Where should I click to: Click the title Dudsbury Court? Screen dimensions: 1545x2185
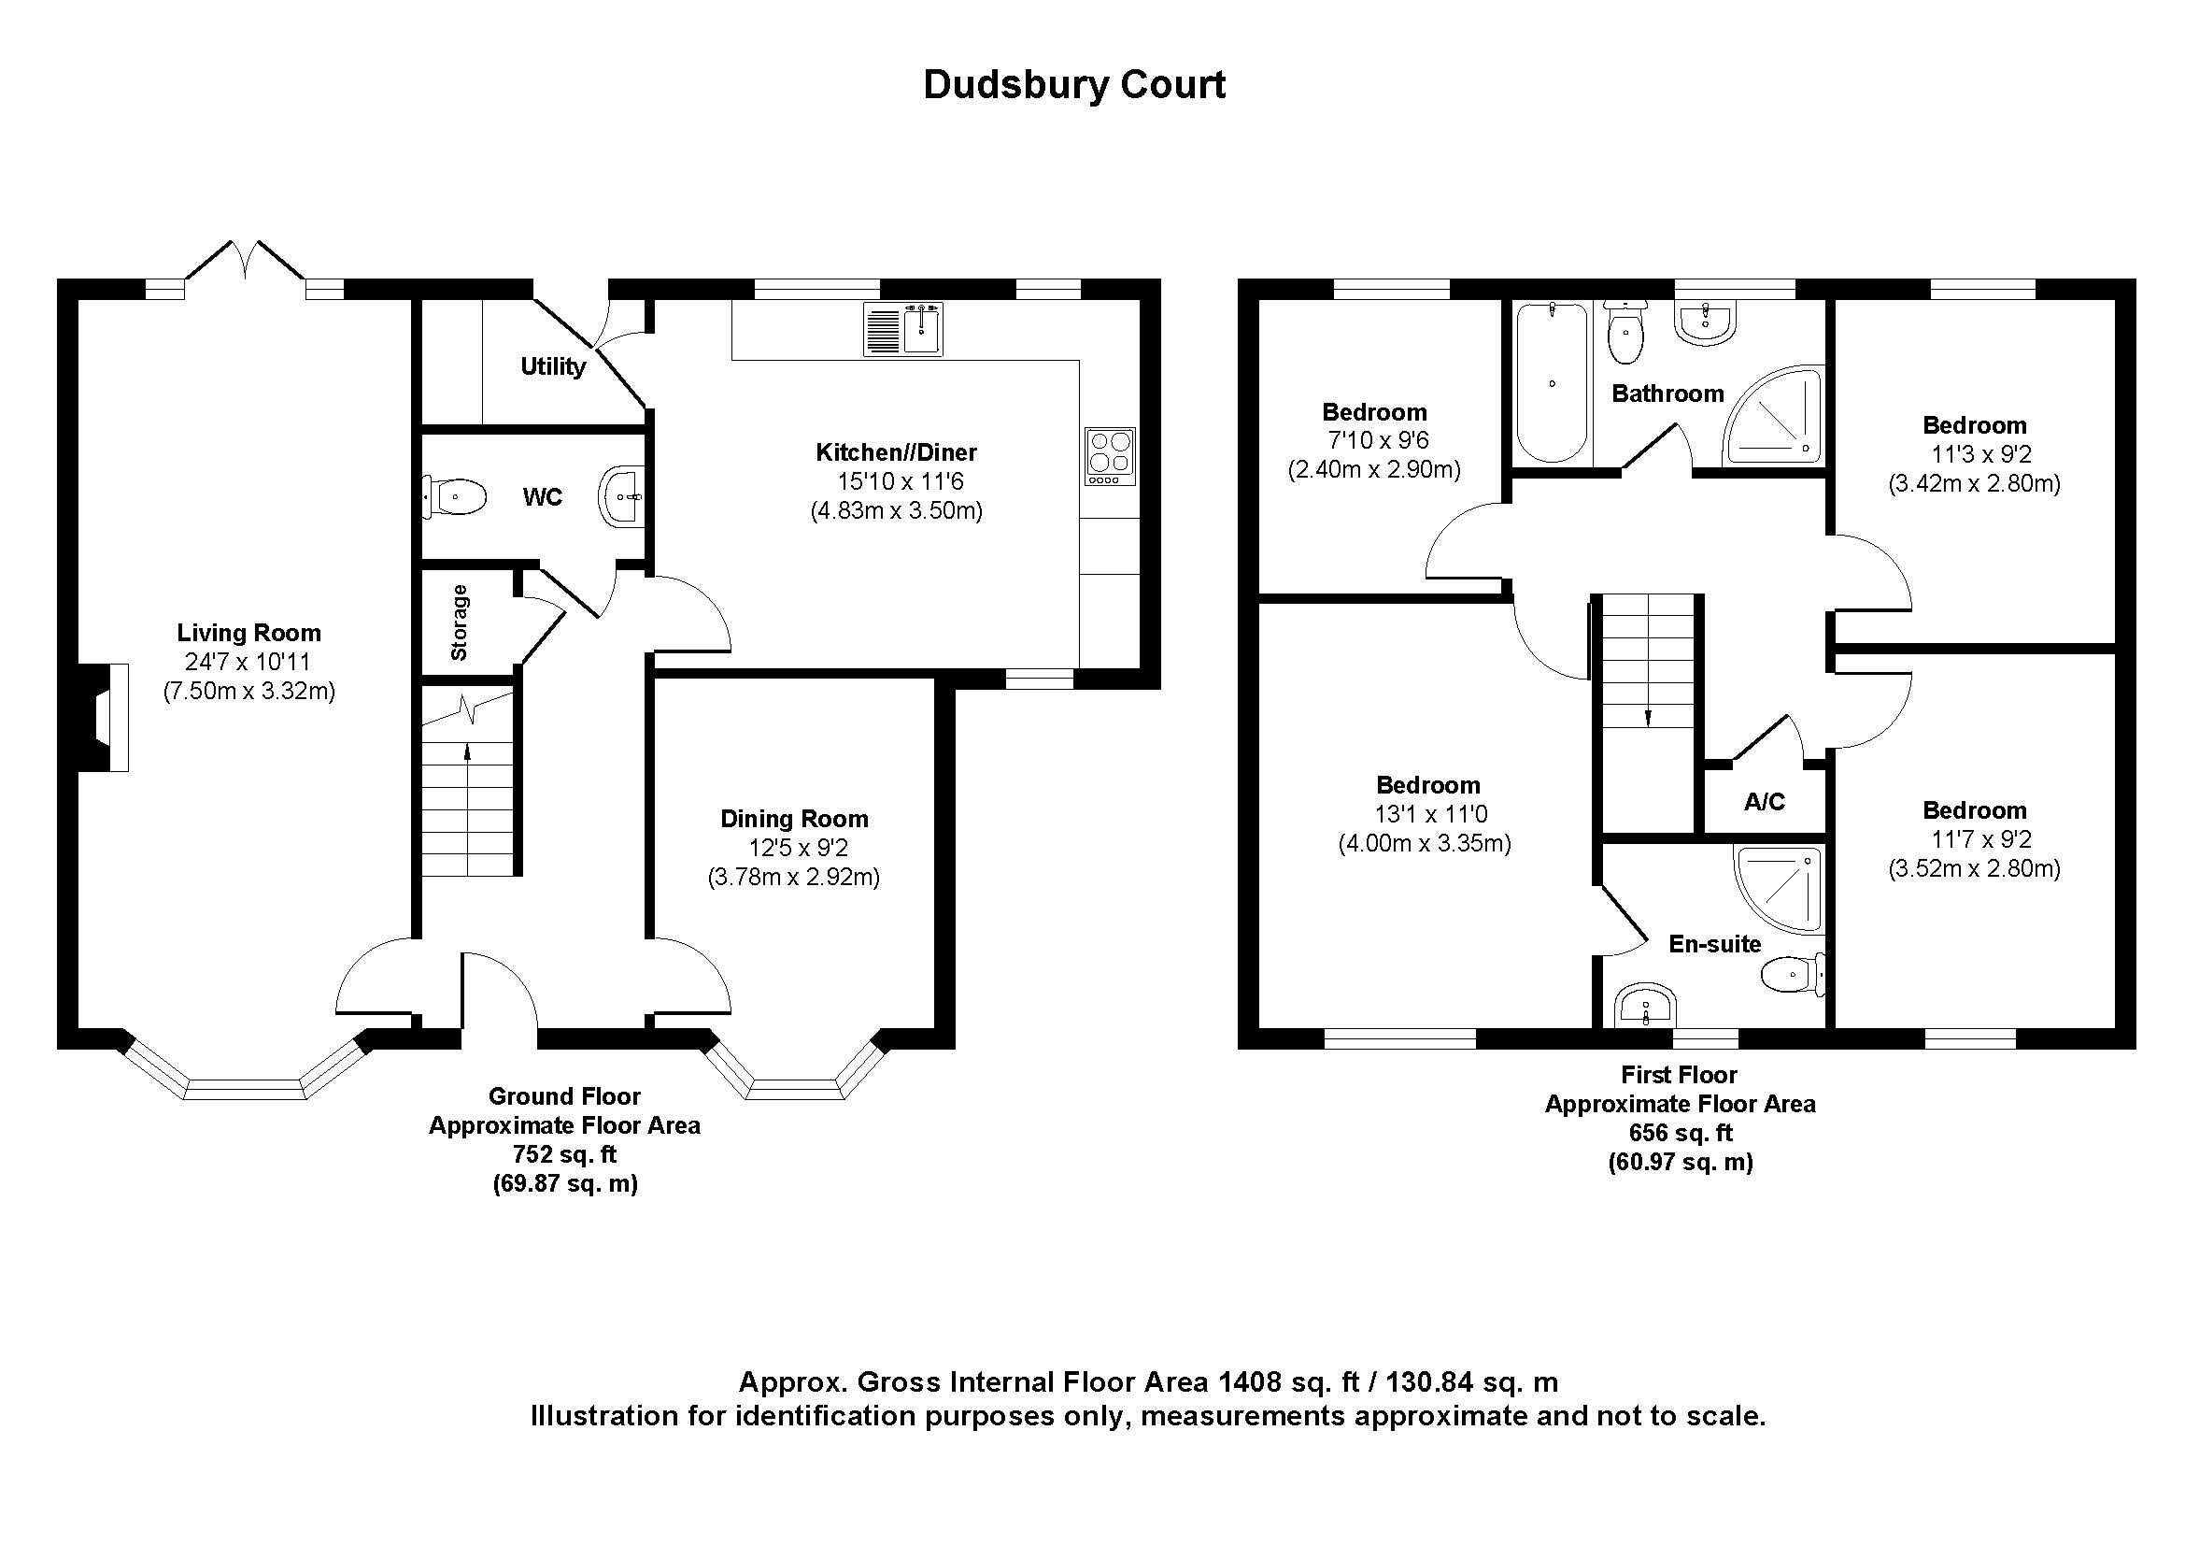pyautogui.click(x=1074, y=85)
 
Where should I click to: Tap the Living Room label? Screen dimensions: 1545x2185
pyautogui.click(x=248, y=633)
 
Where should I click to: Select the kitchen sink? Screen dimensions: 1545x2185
pyautogui.click(x=903, y=328)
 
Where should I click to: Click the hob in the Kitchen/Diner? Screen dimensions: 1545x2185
pyautogui.click(x=1110, y=456)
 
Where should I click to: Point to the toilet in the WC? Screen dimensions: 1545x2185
pyautogui.click(x=456, y=497)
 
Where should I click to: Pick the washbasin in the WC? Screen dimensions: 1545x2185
pyautogui.click(x=621, y=496)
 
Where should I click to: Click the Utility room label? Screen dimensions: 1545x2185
pyautogui.click(x=552, y=366)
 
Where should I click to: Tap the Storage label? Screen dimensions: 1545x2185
pyautogui.click(x=460, y=622)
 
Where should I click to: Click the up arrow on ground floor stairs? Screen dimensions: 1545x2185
pyautogui.click(x=467, y=752)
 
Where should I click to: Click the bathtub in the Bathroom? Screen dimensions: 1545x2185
pyautogui.click(x=1552, y=382)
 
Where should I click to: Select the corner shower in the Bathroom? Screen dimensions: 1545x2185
pyautogui.click(x=1774, y=418)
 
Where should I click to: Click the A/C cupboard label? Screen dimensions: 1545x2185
pyautogui.click(x=1765, y=802)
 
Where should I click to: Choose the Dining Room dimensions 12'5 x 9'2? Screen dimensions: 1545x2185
pyautogui.click(x=798, y=848)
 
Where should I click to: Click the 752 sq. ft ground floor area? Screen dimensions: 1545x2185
pyautogui.click(x=564, y=1154)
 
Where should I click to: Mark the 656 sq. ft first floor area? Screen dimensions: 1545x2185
pyautogui.click(x=1681, y=1133)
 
